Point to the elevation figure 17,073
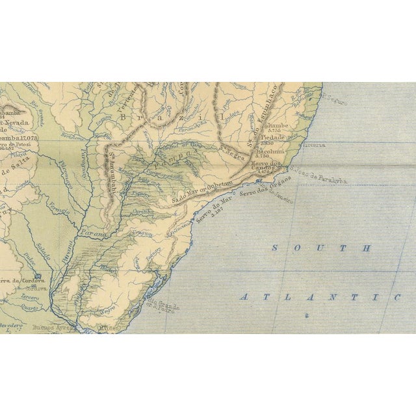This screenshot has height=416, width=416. [x=29, y=138]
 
